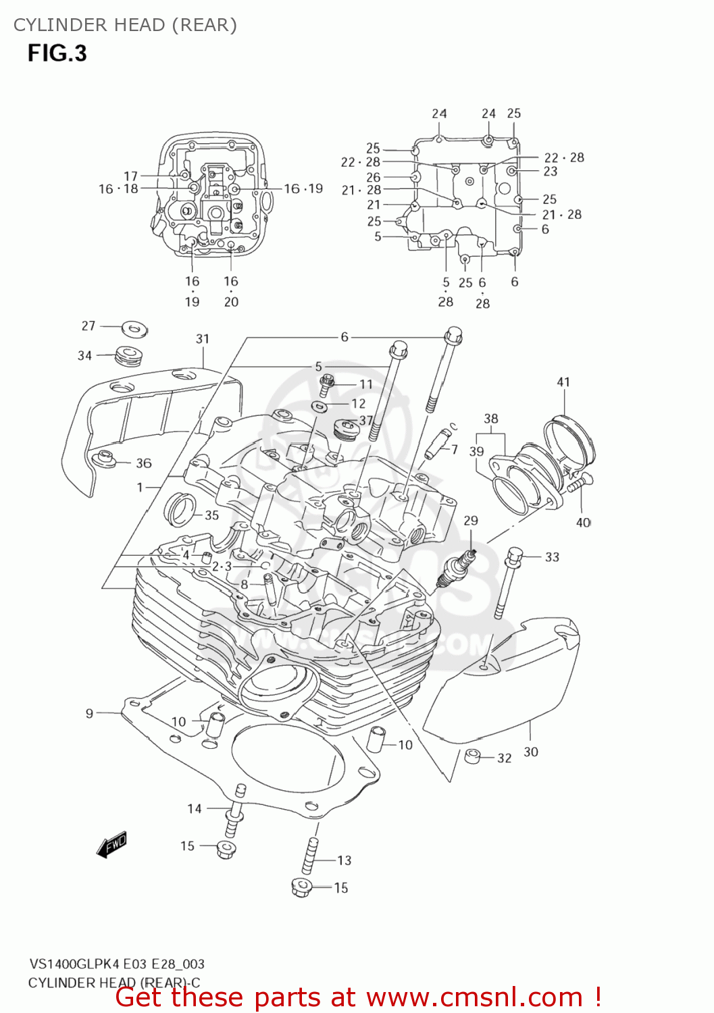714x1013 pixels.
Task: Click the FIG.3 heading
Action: click(x=57, y=53)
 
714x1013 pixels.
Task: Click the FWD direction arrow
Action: click(x=112, y=844)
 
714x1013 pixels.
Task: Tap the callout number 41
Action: click(x=563, y=382)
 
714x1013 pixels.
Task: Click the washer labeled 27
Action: click(x=134, y=330)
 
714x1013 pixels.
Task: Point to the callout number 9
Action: click(x=89, y=713)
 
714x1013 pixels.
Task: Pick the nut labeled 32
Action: click(x=474, y=756)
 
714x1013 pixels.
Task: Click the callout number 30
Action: click(x=531, y=752)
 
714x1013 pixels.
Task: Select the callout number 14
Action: click(x=195, y=808)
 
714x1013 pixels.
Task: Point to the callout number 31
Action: click(x=203, y=339)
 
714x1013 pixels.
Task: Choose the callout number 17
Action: click(x=130, y=176)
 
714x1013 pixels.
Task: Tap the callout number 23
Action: click(x=551, y=172)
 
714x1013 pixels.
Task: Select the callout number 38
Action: click(x=491, y=419)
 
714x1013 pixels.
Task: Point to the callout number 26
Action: click(x=374, y=177)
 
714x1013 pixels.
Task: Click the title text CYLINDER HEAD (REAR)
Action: click(x=126, y=25)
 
